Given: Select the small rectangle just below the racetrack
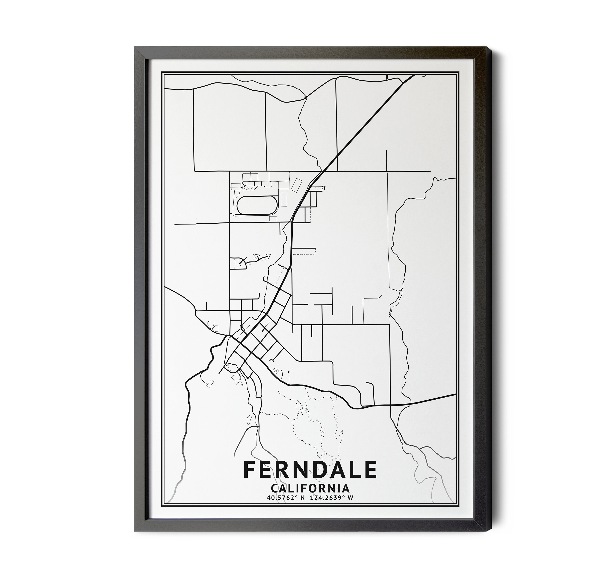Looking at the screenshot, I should click(x=273, y=219).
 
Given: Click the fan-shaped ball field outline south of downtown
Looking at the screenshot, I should click(x=237, y=379).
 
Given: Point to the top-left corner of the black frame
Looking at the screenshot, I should click(x=135, y=47).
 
